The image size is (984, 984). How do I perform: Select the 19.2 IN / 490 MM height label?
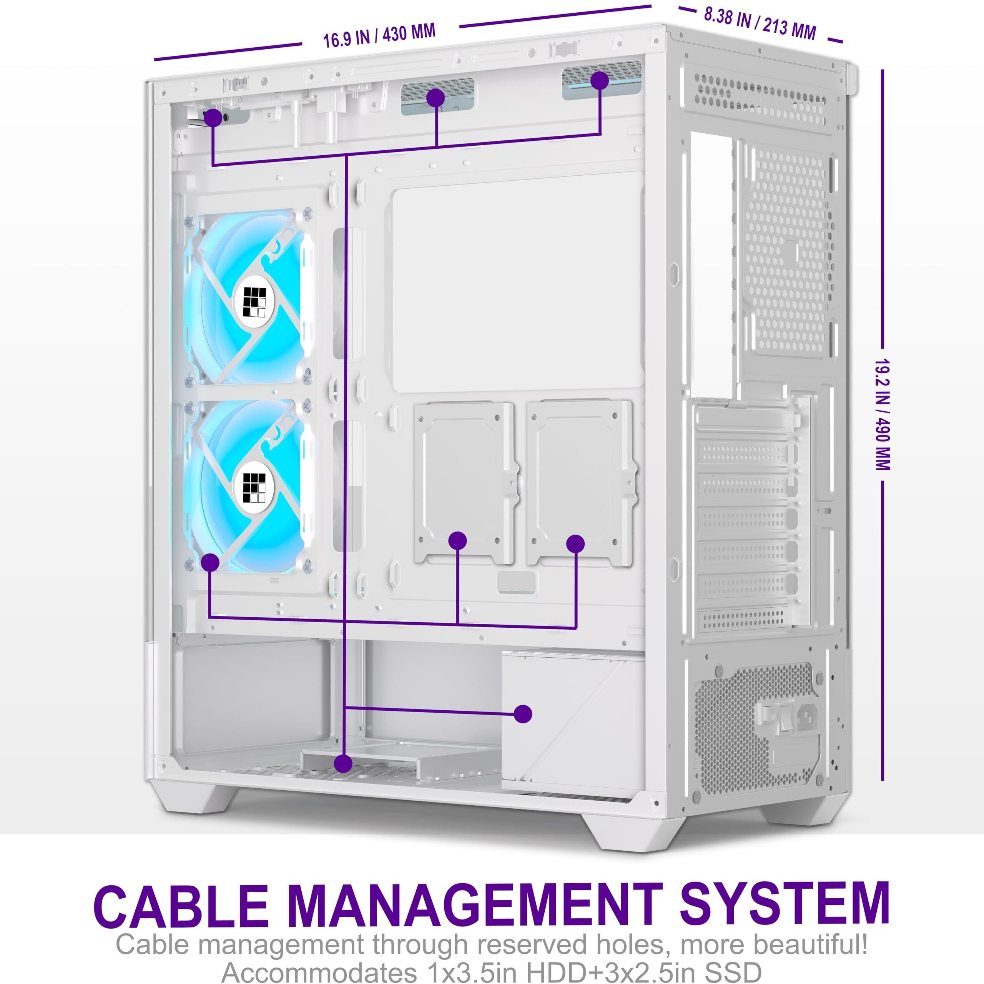[883, 415]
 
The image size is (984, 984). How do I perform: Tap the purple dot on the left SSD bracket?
[458, 540]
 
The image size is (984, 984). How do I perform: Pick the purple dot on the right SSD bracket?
[575, 544]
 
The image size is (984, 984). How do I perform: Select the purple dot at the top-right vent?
[600, 80]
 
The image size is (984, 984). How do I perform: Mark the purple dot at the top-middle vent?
[435, 98]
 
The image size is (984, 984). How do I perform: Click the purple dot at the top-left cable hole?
[213, 118]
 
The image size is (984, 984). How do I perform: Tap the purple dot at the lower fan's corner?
[210, 562]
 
